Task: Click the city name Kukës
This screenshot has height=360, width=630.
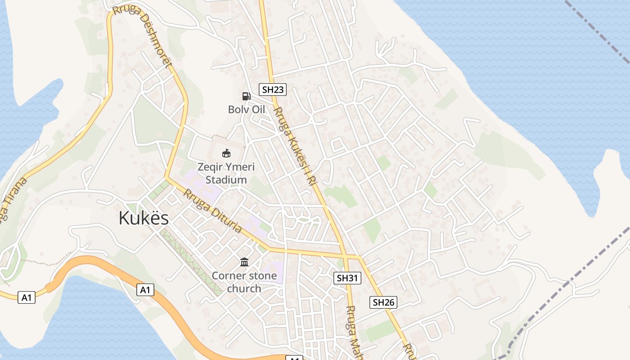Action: pos(144,218)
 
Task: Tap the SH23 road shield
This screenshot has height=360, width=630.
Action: pos(273,90)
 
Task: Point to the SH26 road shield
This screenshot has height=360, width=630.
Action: pos(383,302)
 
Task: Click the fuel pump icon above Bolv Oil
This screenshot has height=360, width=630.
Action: pos(246,96)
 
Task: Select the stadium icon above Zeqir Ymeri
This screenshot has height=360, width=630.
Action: pos(226,153)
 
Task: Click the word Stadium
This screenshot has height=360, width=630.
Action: pos(226,180)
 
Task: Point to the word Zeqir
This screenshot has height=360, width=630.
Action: pos(211,167)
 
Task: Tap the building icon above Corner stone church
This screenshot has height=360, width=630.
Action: pos(244,262)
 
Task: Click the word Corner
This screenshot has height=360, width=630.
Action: pos(229,275)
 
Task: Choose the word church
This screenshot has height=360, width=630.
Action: pos(244,288)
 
